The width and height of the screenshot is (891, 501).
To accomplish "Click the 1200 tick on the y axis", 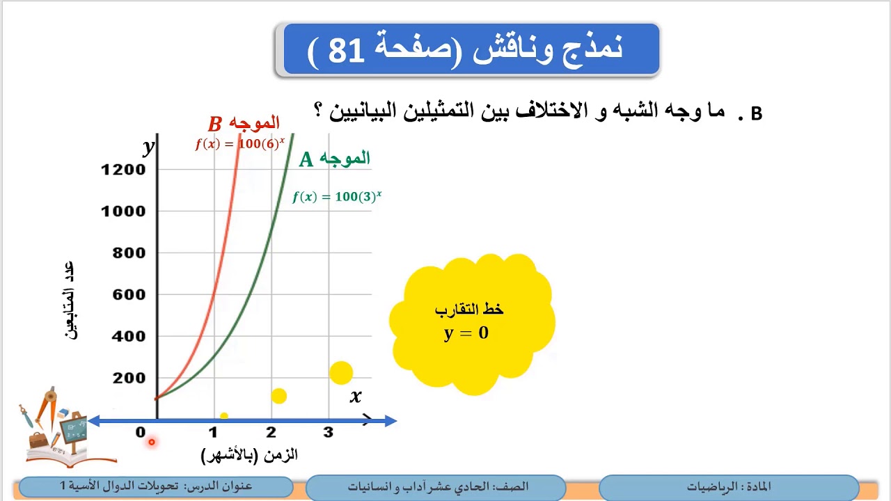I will (x=123, y=169).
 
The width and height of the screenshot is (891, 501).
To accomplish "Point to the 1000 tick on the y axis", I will (x=123, y=211).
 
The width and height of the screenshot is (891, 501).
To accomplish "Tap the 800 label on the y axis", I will (x=129, y=253).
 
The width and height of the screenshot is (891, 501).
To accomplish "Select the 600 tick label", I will (x=129, y=294).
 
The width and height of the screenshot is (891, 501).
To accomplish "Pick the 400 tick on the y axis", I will (x=129, y=336).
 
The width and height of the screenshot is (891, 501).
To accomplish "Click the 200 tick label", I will (x=129, y=378).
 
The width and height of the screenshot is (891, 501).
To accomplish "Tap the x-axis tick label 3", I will (x=328, y=433).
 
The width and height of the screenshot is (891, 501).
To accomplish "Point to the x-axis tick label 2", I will (x=271, y=433).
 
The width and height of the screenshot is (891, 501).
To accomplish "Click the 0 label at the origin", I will (x=141, y=433).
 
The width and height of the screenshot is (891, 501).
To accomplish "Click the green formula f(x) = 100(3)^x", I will (x=337, y=197).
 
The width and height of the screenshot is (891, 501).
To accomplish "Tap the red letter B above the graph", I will (x=215, y=125).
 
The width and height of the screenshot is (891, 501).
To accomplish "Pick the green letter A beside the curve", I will (x=306, y=160).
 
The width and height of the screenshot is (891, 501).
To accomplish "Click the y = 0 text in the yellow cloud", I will (x=466, y=333).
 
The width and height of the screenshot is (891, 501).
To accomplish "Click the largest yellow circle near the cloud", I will (x=341, y=373).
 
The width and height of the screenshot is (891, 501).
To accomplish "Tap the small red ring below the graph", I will (x=151, y=442).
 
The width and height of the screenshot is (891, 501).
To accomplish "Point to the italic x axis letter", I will (x=356, y=397).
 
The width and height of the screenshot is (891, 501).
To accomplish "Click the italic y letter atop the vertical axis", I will (x=148, y=147).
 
